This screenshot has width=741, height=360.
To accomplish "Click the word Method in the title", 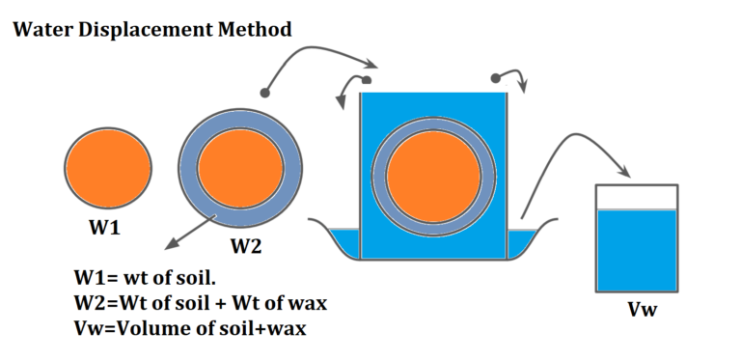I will tap(257, 30).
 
